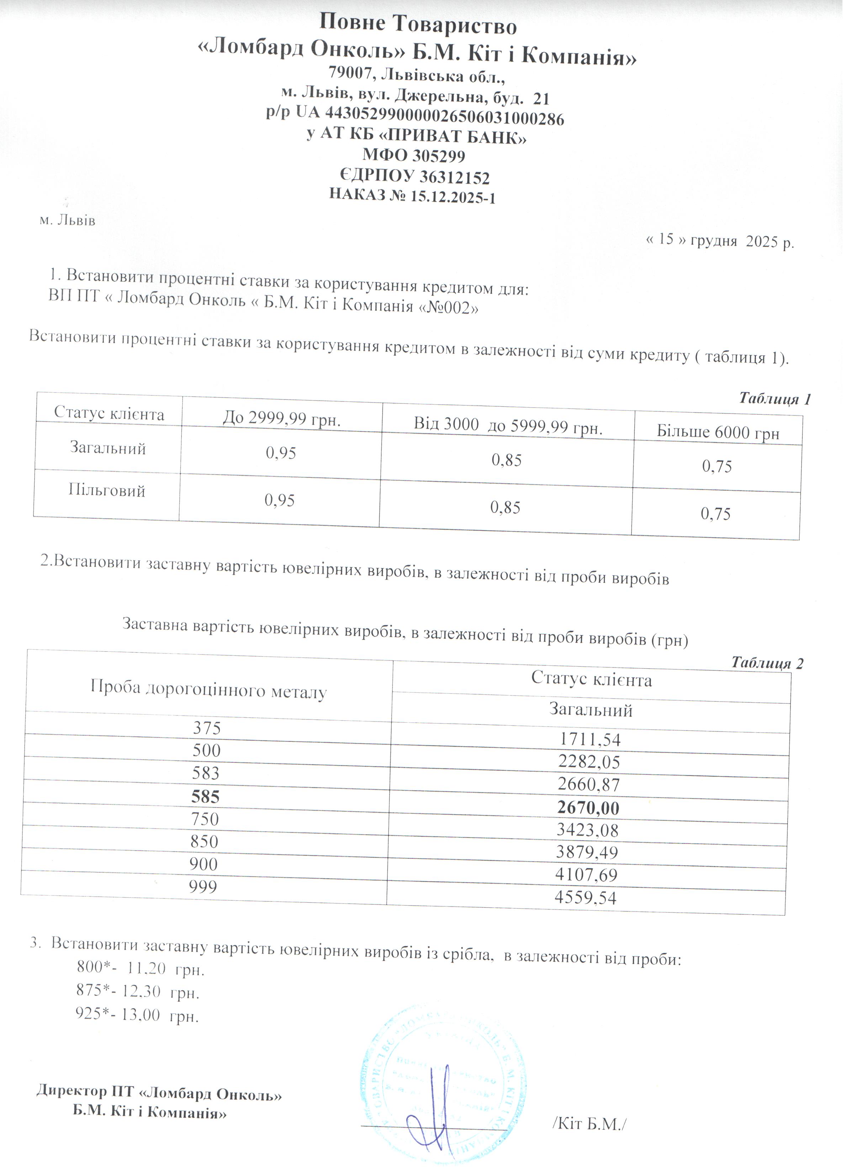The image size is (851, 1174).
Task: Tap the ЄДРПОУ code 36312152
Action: point(454,178)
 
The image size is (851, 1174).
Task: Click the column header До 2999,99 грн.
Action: point(282,418)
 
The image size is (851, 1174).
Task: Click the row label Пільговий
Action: point(107,490)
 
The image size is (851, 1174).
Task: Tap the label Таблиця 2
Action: point(767,663)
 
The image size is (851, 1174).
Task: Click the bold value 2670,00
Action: point(588,808)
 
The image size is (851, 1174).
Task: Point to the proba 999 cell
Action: point(203,887)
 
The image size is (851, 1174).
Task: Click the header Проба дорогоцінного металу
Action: point(208,690)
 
